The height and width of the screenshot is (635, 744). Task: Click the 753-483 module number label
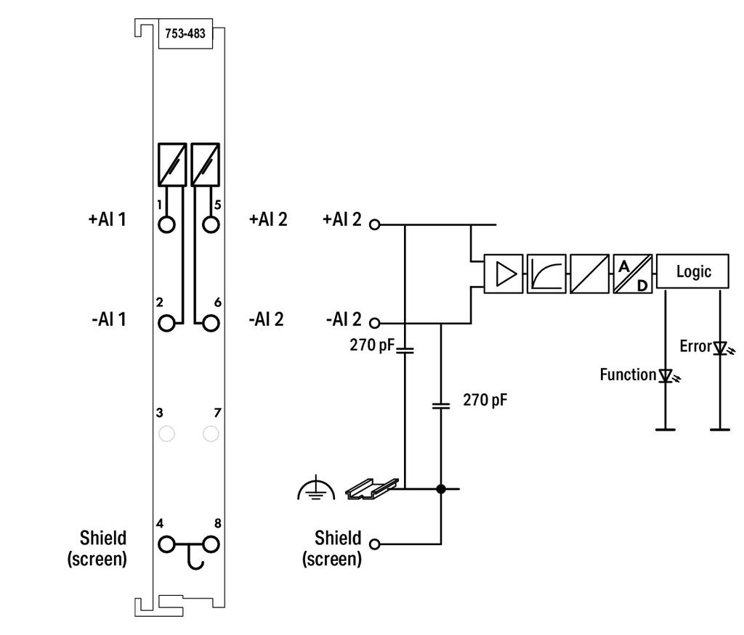coord(185,33)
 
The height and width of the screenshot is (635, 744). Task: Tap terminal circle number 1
coord(166,224)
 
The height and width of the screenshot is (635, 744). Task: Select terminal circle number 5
coord(211,224)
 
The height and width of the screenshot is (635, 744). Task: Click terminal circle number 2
coord(166,323)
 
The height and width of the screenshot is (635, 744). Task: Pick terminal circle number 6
coord(211,323)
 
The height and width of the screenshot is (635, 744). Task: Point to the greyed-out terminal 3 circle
coord(166,433)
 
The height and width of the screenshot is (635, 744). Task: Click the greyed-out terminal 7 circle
coord(211,433)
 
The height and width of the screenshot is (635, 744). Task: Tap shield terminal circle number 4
coord(166,544)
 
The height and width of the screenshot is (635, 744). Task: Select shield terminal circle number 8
coord(211,544)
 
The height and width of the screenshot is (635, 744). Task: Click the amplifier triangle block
coord(504,274)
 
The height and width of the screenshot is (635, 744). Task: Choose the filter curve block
coord(546,274)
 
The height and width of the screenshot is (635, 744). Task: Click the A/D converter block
coord(633,274)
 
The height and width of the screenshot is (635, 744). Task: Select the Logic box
coord(692,271)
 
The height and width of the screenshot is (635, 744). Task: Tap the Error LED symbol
coord(721,349)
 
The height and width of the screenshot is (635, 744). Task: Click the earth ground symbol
coord(316,490)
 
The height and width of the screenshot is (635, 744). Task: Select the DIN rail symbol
coord(372,488)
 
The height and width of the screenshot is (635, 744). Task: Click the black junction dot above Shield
coord(441,488)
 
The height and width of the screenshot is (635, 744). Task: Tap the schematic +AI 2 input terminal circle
coord(375,225)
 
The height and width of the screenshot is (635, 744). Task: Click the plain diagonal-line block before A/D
coord(589,274)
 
